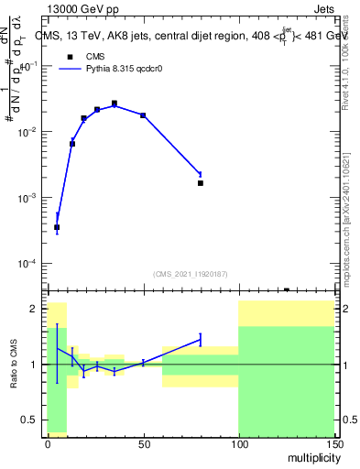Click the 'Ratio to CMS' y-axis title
[15, 365]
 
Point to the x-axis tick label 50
[143, 444]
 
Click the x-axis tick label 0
[48, 444]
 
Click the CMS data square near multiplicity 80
[200, 183]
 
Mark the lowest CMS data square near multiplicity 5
[57, 227]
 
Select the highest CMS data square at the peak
[115, 104]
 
